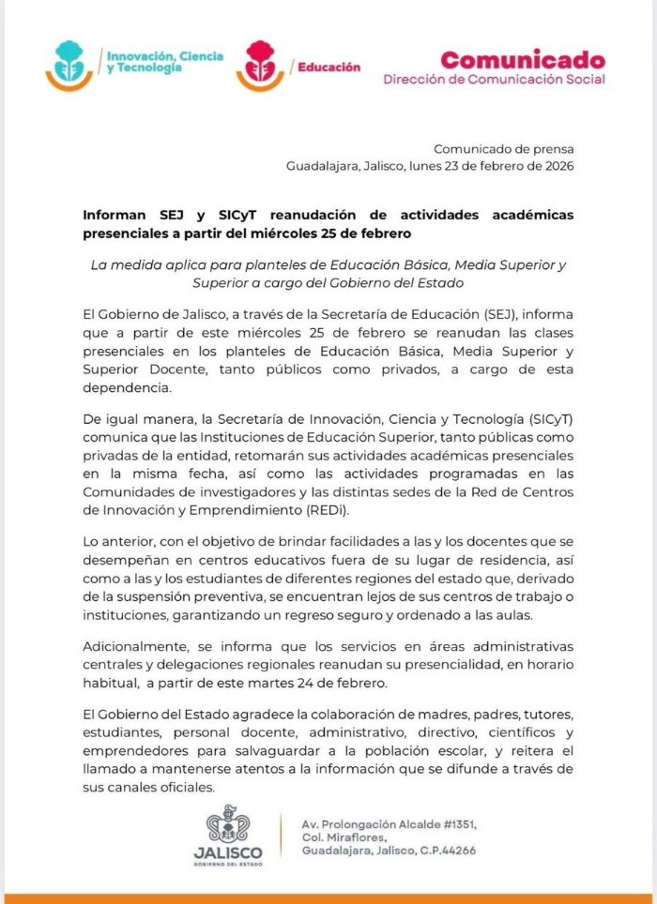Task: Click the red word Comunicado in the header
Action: pos(523,60)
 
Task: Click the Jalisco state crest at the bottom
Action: pos(227,829)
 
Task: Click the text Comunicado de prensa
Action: pos(503,148)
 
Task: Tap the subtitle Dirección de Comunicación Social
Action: pos(494,80)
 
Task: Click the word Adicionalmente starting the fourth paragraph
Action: pos(137,646)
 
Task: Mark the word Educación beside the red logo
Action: pos(328,68)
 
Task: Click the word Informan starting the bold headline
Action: pos(115,215)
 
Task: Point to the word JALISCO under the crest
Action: pos(227,853)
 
